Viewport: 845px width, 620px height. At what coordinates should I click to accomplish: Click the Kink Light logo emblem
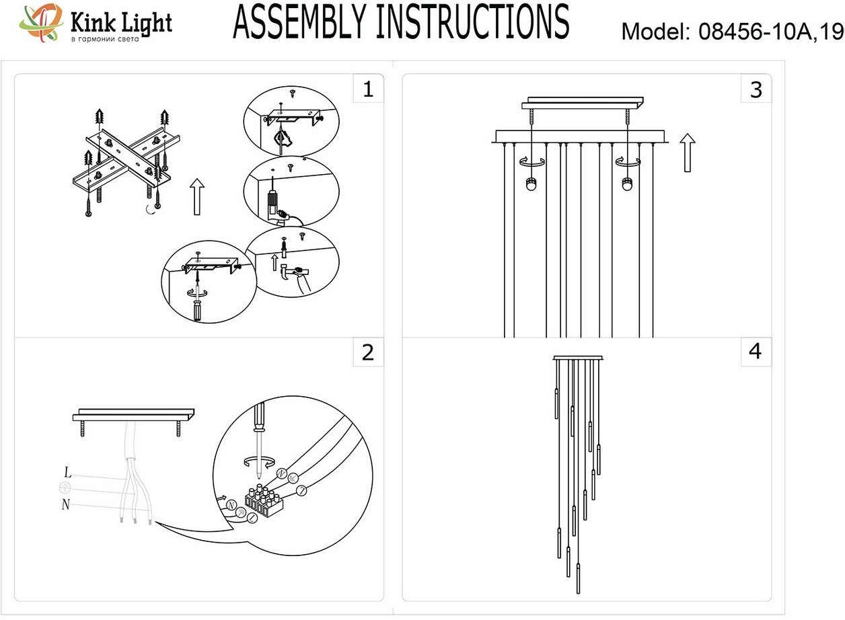coord(40,24)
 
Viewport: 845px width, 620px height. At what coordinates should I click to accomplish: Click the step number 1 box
coord(367,89)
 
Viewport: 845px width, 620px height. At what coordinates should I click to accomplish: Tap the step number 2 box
coord(367,352)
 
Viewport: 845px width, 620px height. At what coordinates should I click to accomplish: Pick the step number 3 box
coord(756,89)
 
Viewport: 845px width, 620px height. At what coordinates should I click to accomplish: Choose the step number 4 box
coord(756,352)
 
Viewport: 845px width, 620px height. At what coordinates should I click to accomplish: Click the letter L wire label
coord(68,472)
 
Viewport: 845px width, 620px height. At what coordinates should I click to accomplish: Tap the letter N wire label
coord(65,504)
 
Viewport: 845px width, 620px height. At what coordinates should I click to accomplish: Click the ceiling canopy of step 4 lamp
coord(578,358)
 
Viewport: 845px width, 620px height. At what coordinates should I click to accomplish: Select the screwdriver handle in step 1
coord(198,311)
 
